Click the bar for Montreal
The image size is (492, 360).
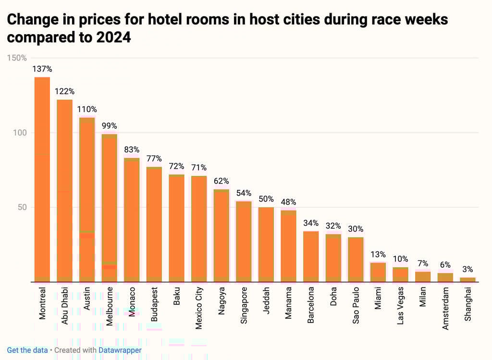pos(42,179)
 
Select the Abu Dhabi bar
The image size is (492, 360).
pos(65,191)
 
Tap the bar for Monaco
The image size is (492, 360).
pos(132,220)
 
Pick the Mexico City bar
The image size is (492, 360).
pos(199,229)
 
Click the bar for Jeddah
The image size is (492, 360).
pos(266,245)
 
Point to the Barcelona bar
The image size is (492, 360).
pos(311,257)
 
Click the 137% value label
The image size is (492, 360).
pos(42,69)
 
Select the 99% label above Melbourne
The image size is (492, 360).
pos(110,126)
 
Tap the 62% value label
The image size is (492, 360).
pos(221,181)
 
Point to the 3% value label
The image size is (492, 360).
pos(467,270)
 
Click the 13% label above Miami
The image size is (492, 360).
pos(378,254)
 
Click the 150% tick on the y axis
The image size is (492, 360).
pos(17,58)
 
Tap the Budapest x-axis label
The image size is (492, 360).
pos(155,308)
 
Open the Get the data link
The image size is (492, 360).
pos(27,350)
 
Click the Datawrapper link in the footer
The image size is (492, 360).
pos(120,350)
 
